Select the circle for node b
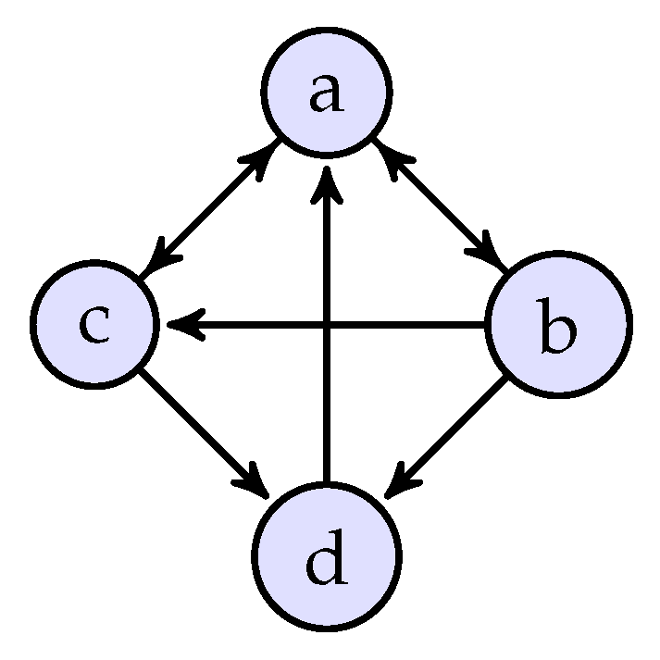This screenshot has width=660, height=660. click(558, 325)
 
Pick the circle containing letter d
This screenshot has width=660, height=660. click(327, 558)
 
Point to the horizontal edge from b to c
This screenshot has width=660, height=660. click(407, 325)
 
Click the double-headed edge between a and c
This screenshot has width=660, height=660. click(211, 208)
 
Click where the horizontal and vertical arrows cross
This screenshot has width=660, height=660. click(327, 325)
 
